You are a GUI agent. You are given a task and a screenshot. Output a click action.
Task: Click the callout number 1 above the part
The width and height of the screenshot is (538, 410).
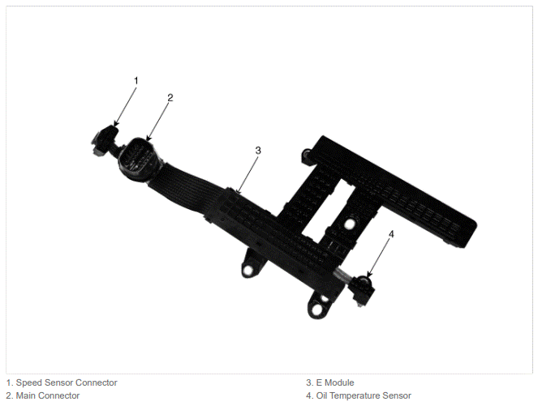pyautogui.click(x=136, y=81)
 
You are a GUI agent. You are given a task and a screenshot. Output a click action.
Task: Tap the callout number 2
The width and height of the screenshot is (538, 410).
pyautogui.click(x=170, y=97)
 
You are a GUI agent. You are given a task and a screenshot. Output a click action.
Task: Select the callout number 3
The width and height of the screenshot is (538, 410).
pyautogui.click(x=258, y=151)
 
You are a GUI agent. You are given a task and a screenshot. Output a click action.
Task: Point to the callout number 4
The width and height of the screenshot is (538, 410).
pyautogui.click(x=391, y=234)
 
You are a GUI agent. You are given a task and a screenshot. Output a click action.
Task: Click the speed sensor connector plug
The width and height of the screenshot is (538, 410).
pyautogui.click(x=105, y=139)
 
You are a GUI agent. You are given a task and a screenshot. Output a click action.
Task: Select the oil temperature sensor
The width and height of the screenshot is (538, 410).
pyautogui.click(x=363, y=288)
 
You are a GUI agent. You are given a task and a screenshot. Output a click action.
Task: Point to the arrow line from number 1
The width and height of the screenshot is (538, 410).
pyautogui.click(x=126, y=107)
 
